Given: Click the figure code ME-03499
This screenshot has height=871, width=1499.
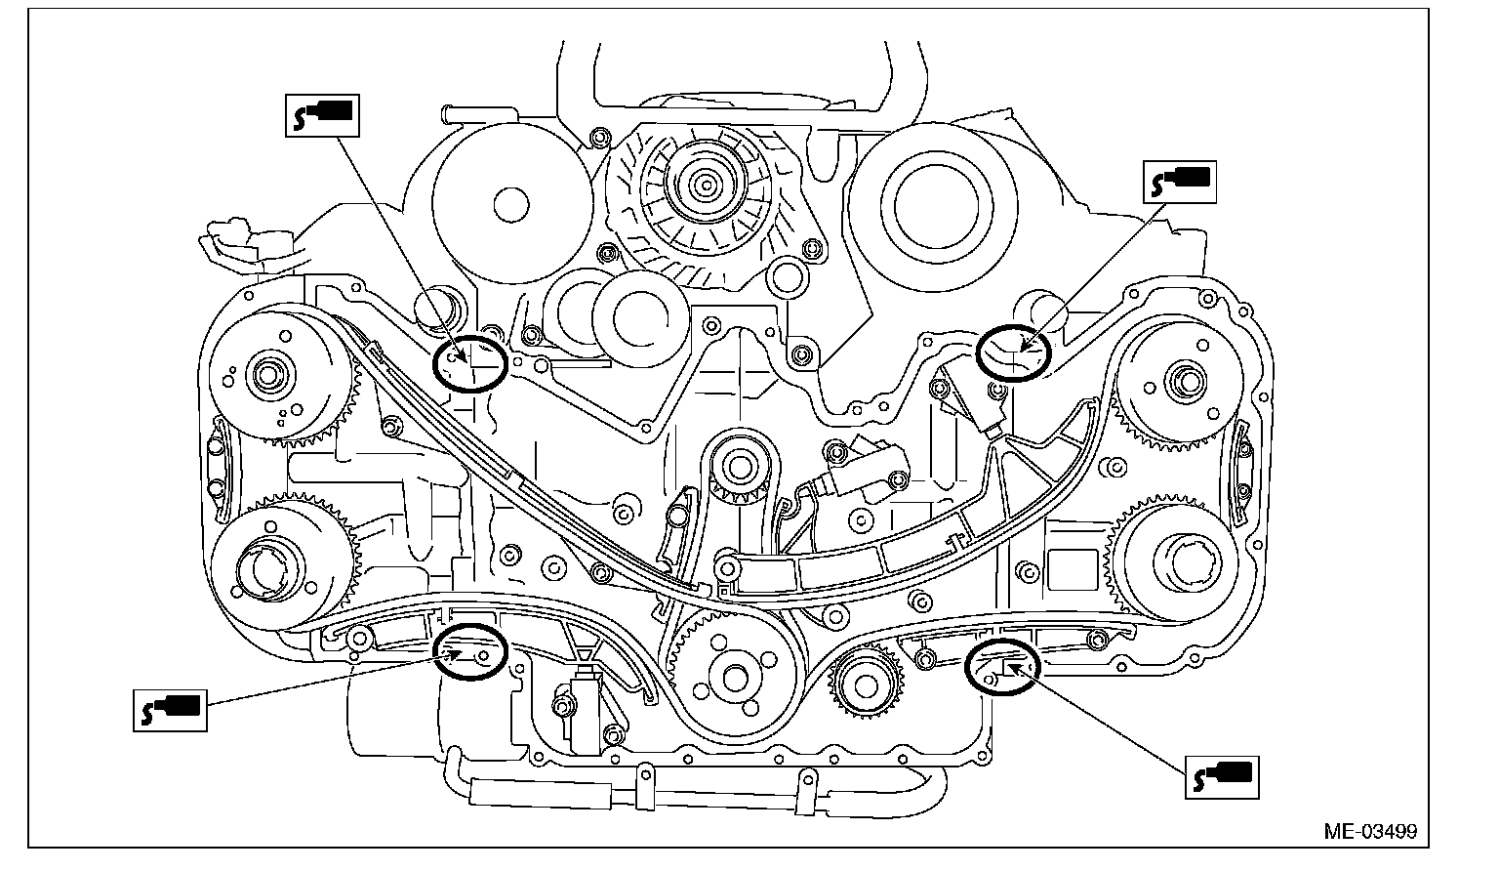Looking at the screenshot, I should [x=1370, y=832].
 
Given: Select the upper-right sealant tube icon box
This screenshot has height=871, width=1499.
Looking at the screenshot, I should [x=1180, y=182].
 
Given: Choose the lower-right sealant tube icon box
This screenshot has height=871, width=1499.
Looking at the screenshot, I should [x=1220, y=775].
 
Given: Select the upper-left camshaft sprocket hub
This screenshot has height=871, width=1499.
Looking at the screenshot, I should [x=266, y=374].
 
